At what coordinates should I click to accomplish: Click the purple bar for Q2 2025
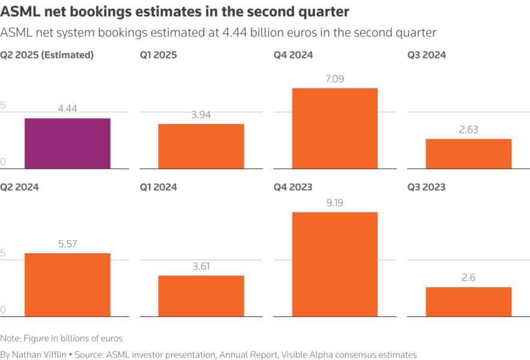tap(67, 143)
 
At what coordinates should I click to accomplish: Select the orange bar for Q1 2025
tap(201, 146)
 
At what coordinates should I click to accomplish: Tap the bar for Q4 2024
tap(334, 128)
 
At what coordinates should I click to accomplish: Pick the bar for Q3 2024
tap(468, 154)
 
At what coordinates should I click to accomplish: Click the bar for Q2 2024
tap(67, 284)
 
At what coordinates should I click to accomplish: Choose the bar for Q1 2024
tap(201, 296)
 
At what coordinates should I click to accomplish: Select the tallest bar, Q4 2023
tap(334, 264)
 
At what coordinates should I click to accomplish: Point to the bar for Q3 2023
tap(468, 301)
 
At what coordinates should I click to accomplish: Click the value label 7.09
tap(334, 79)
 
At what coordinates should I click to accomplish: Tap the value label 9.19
tap(334, 203)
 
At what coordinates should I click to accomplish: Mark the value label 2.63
tap(468, 130)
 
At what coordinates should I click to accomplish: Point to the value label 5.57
tap(67, 244)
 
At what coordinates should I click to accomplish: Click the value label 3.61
tap(201, 266)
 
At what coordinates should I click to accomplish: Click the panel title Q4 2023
tap(293, 187)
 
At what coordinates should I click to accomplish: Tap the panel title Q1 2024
tap(158, 187)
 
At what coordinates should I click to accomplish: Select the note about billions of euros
tap(61, 338)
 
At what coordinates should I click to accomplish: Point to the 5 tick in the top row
tap(3, 106)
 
